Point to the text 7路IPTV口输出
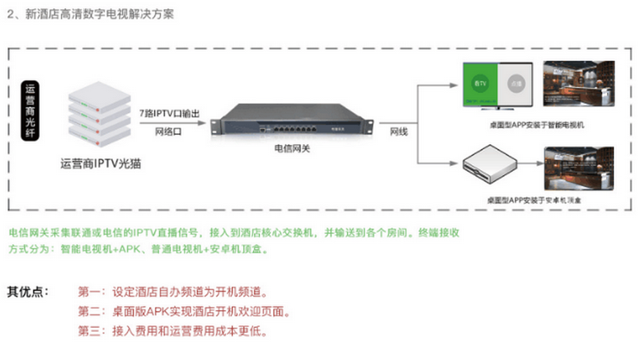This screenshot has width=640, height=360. click(169, 112)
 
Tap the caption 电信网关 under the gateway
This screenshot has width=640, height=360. click(292, 147)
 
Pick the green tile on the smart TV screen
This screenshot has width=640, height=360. click(481, 85)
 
